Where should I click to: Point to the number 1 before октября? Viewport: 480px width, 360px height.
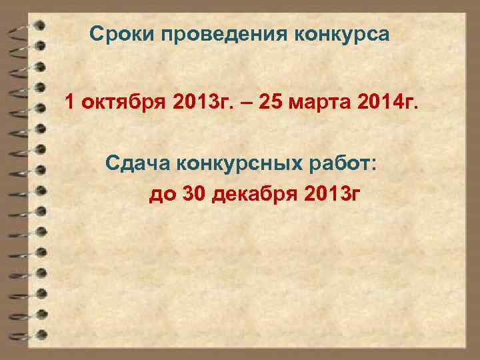[69, 103]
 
